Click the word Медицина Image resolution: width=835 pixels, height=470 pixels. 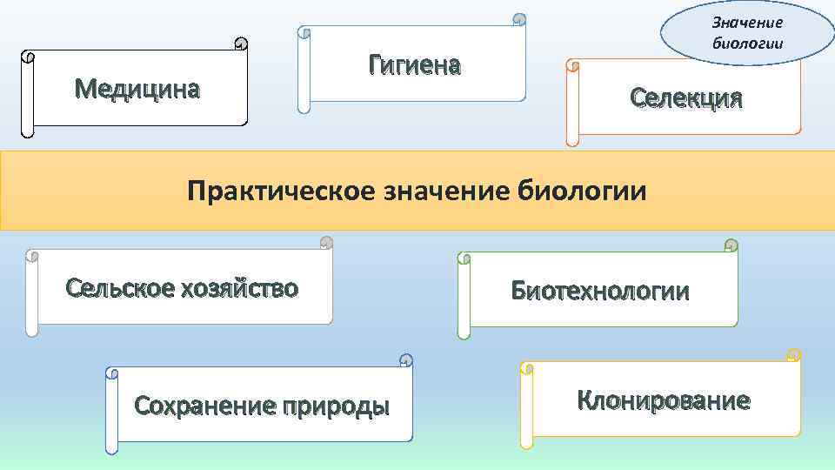137,88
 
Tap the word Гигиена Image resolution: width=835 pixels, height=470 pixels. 414,64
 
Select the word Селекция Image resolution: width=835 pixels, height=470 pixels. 687,97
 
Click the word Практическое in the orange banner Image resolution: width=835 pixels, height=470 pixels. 281,190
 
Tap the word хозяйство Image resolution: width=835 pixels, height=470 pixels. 241,288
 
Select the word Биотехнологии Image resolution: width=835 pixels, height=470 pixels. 600,292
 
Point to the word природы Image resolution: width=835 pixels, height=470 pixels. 335,406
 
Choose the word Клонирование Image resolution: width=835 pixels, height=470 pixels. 663,400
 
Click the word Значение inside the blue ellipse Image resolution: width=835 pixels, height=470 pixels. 747,23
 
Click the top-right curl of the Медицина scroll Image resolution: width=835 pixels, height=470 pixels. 241,44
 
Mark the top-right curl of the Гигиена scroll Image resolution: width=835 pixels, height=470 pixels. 519,19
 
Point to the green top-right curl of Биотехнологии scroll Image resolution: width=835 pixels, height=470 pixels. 731,245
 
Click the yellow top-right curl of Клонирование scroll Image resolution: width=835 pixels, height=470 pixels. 793,354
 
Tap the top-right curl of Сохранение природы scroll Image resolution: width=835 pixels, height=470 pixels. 405,359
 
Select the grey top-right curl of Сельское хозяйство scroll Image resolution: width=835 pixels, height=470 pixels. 326,243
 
